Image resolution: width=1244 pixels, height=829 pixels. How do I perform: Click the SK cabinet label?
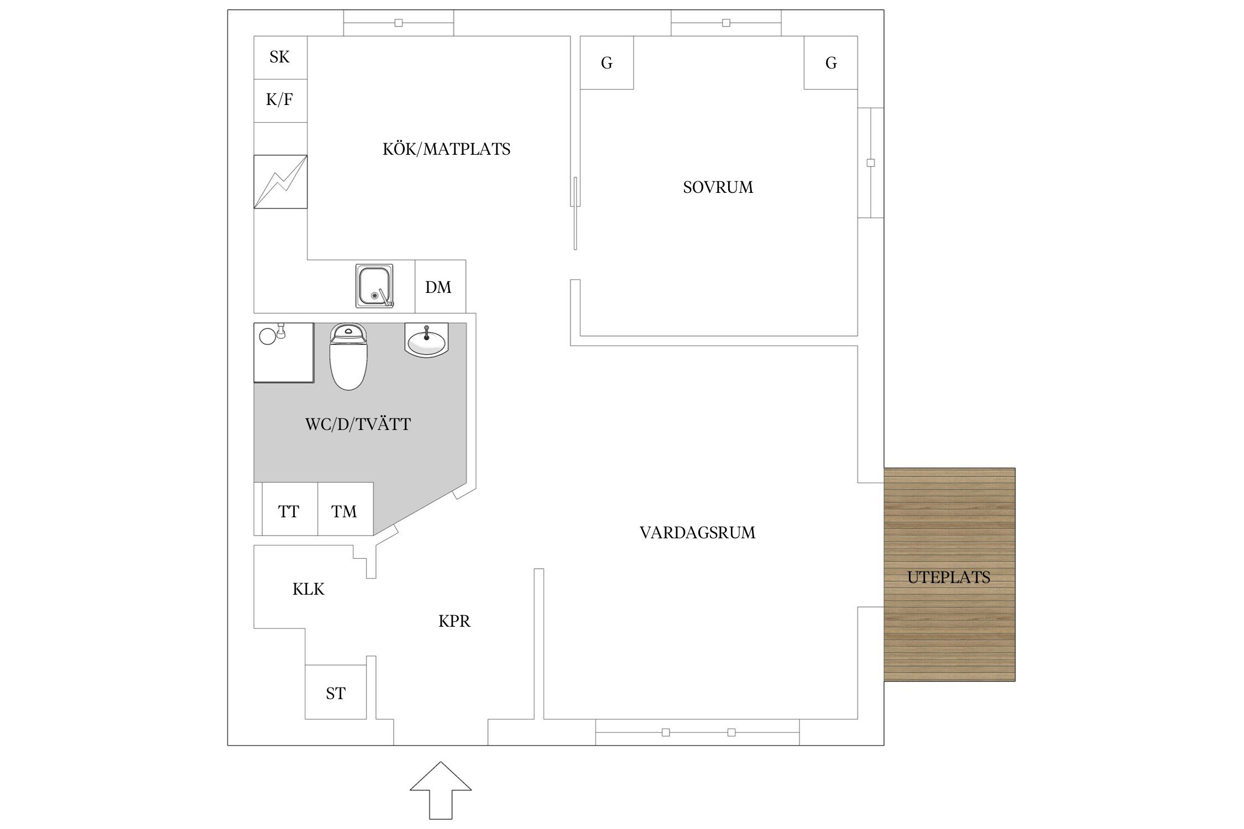(x=280, y=57)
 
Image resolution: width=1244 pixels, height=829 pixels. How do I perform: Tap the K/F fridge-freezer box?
(x=280, y=100)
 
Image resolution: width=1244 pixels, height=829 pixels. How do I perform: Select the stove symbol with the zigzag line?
(x=280, y=182)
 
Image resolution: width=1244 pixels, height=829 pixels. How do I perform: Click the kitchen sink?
(x=374, y=286)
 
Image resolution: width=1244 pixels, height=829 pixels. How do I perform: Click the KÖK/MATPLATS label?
(x=446, y=149)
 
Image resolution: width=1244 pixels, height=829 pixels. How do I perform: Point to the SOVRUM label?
(x=718, y=187)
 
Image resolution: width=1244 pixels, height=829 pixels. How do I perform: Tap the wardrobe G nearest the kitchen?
(x=607, y=62)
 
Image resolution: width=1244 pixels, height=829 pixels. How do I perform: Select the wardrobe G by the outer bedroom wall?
(x=830, y=62)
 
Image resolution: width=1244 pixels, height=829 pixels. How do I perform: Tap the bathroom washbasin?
(x=426, y=340)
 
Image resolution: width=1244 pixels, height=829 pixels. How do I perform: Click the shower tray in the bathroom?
(x=284, y=353)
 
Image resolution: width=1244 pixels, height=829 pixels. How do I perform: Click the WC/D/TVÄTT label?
(x=358, y=424)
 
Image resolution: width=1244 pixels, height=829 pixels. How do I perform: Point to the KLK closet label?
(x=308, y=589)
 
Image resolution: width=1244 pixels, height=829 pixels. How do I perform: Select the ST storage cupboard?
(x=336, y=692)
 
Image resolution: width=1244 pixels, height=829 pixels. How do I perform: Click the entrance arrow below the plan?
(x=441, y=790)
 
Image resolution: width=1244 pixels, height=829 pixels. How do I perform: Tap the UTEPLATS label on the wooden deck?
(x=948, y=578)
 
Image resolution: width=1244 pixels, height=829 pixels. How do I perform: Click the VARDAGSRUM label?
(x=697, y=533)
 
